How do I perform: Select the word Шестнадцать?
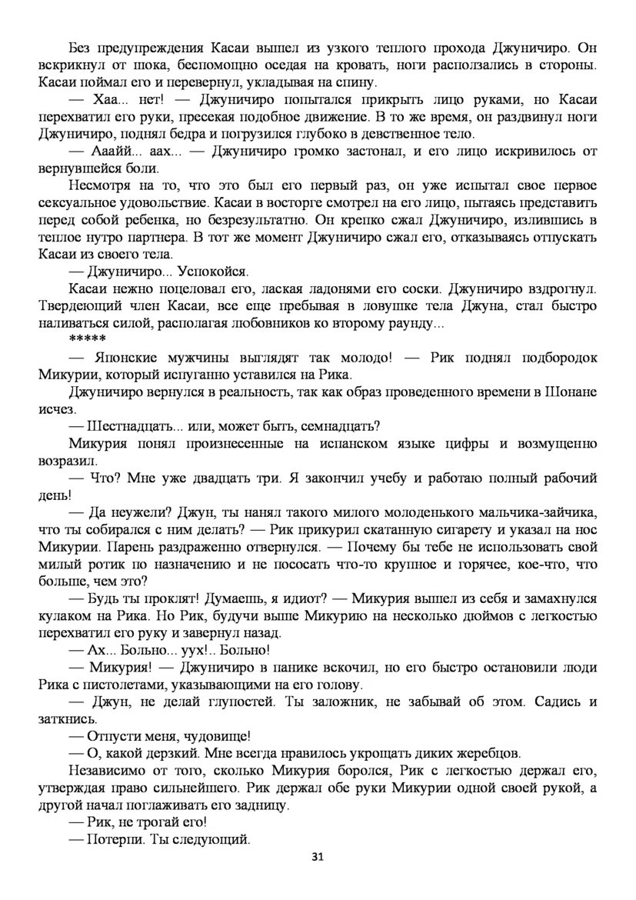(x=130, y=426)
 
